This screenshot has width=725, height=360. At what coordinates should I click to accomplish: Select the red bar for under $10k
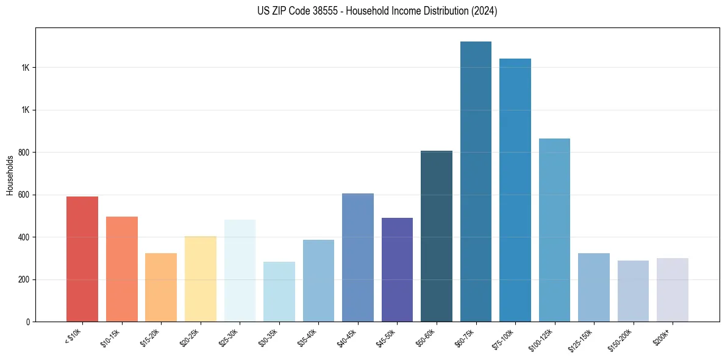coord(82,259)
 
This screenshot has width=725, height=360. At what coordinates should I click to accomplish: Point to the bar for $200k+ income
coord(673,290)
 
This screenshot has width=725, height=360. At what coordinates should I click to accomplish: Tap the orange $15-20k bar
coord(161,287)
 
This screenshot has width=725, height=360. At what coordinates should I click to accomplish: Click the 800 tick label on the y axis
coord(24,153)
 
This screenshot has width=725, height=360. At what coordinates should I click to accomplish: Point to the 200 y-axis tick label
coord(24,279)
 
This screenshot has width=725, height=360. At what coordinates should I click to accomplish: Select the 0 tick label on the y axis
coord(28,322)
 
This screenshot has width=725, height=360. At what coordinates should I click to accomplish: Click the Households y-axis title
coord(10,175)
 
